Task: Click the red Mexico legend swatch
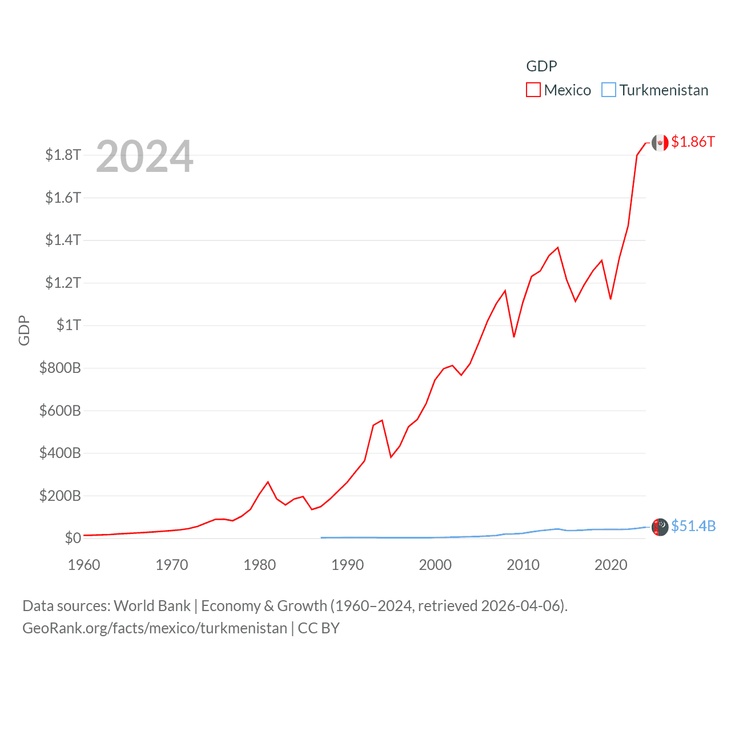click(x=533, y=90)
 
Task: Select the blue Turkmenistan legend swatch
click(x=609, y=90)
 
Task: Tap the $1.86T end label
click(x=693, y=142)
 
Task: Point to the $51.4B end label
click(x=693, y=526)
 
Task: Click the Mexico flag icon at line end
click(x=660, y=143)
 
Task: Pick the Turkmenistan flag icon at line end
click(x=660, y=527)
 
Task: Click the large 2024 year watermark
click(x=144, y=156)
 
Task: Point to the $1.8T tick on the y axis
click(x=63, y=155)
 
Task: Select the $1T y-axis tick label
click(x=69, y=325)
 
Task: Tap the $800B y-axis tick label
click(x=60, y=368)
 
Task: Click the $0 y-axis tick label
click(x=73, y=538)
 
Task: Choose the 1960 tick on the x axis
click(x=84, y=565)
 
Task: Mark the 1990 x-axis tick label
click(x=347, y=565)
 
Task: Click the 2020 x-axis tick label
click(x=610, y=565)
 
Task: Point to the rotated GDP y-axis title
click(x=24, y=330)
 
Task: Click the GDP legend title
click(x=541, y=66)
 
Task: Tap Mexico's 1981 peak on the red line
click(x=268, y=482)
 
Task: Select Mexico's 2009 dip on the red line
click(x=514, y=337)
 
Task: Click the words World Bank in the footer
click(x=152, y=606)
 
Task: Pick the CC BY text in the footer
click(x=319, y=628)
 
